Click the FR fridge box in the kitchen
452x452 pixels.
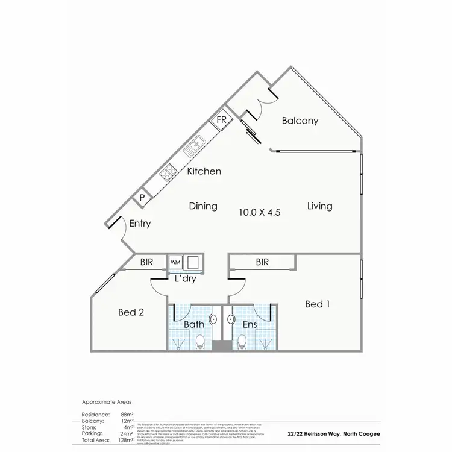(221, 120)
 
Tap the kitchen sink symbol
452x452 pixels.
(198, 145)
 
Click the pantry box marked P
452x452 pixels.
(142, 197)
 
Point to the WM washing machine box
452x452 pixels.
(175, 262)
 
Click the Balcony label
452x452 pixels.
(300, 121)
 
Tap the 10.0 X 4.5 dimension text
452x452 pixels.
(260, 212)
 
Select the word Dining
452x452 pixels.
(203, 206)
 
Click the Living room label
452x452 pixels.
(319, 206)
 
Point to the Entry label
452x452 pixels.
(140, 224)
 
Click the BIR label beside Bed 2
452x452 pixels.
(146, 262)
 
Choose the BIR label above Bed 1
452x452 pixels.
(262, 262)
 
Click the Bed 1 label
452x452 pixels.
(318, 304)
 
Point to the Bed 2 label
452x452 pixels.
(131, 312)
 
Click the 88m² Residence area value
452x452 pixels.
(127, 415)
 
